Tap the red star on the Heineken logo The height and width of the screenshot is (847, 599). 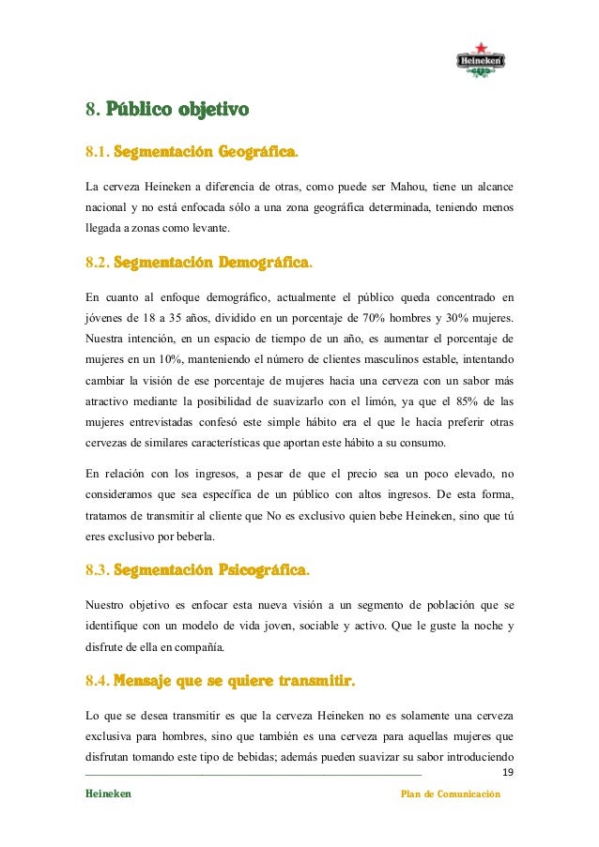482,47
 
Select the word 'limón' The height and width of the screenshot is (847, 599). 361,401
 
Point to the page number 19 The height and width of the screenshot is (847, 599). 508,772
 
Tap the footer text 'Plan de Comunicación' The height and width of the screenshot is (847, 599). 451,794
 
